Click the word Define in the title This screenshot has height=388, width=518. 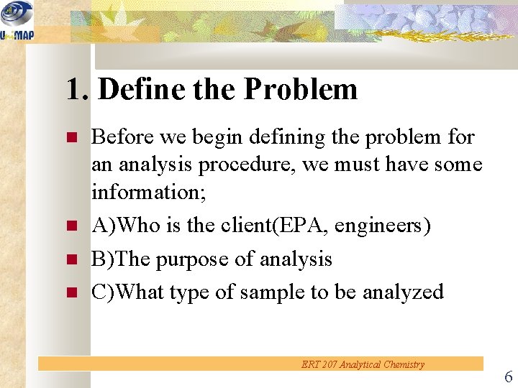(x=141, y=90)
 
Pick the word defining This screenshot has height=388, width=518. (x=280, y=137)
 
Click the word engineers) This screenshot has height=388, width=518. (x=383, y=226)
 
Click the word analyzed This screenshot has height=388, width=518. (x=403, y=292)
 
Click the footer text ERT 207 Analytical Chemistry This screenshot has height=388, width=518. (x=363, y=364)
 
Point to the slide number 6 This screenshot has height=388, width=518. (x=508, y=377)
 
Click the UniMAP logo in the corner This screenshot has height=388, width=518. (x=16, y=20)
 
